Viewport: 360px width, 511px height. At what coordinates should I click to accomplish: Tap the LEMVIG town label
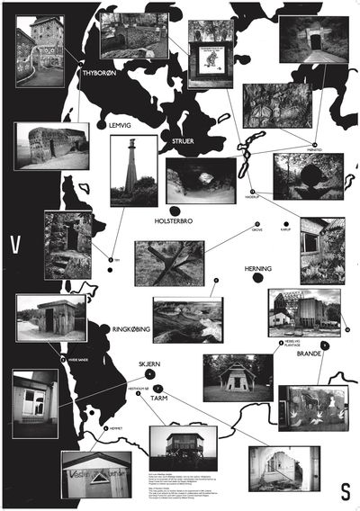[x=120, y=126]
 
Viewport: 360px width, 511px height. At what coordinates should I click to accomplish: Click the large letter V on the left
[x=15, y=245]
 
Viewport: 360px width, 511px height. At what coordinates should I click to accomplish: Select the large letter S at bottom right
[x=345, y=491]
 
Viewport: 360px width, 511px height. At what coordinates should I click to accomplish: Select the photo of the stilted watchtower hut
[x=182, y=449]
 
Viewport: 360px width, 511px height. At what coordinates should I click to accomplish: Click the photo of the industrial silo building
[x=303, y=311]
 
